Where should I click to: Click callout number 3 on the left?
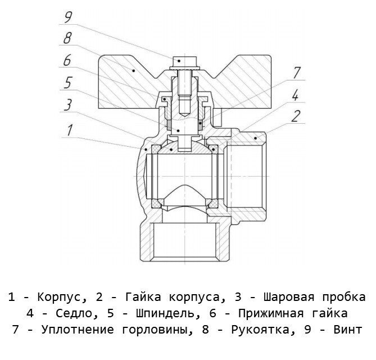(67, 105)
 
